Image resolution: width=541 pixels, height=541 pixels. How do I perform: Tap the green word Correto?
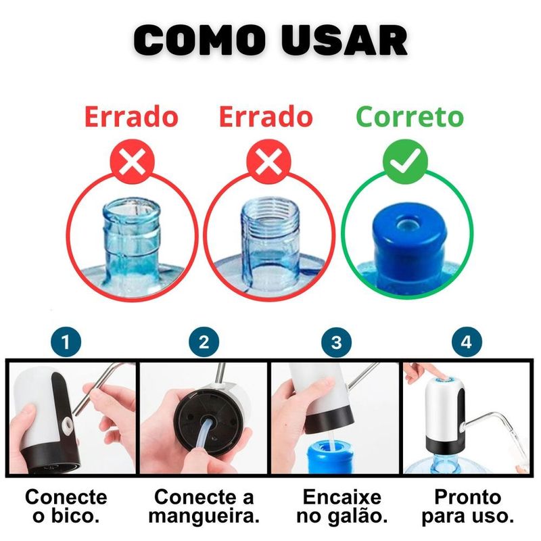point(410,117)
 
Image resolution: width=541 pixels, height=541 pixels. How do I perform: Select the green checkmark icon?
point(405,162)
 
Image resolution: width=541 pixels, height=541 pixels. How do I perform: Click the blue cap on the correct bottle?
point(408,237)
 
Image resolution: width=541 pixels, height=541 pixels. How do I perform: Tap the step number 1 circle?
point(66,343)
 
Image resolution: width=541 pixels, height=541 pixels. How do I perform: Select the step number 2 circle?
point(204,343)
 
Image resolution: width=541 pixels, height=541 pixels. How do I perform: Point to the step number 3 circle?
point(336,343)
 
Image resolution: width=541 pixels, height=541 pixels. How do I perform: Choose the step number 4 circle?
point(467,343)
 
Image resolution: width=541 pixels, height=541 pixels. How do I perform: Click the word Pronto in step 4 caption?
point(467,497)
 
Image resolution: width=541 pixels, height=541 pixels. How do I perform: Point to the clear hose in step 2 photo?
point(206,435)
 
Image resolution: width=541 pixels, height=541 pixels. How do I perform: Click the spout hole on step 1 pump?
point(66,423)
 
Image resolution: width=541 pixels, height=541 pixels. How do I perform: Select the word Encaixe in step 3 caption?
point(342,497)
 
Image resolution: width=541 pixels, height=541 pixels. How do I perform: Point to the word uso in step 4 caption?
point(495,517)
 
